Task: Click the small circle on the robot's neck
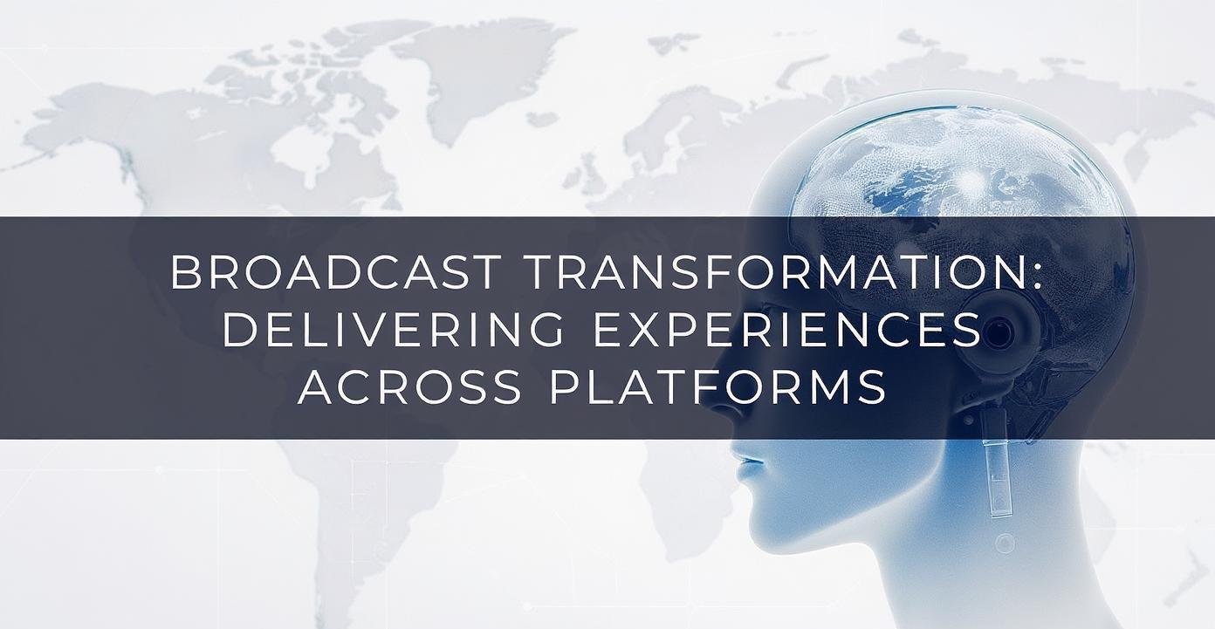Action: (1006, 543)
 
